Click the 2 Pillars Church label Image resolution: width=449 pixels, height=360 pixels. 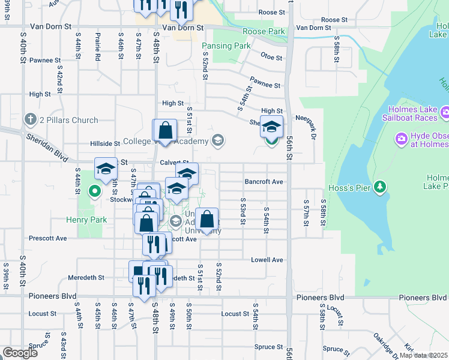tap(68, 120)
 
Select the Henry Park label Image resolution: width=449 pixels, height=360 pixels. tap(91, 220)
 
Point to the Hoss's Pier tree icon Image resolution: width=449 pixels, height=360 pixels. tap(379, 188)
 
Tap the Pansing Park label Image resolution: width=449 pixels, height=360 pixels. tap(226, 46)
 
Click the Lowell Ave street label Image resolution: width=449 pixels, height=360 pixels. tap(267, 260)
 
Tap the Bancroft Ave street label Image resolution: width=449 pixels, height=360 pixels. tap(264, 182)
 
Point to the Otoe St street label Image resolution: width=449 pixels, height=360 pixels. tap(271, 57)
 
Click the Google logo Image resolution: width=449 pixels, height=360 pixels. tap(20, 353)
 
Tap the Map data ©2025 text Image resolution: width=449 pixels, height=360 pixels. tap(423, 355)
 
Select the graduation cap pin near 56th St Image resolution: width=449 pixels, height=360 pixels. tap(271, 127)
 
